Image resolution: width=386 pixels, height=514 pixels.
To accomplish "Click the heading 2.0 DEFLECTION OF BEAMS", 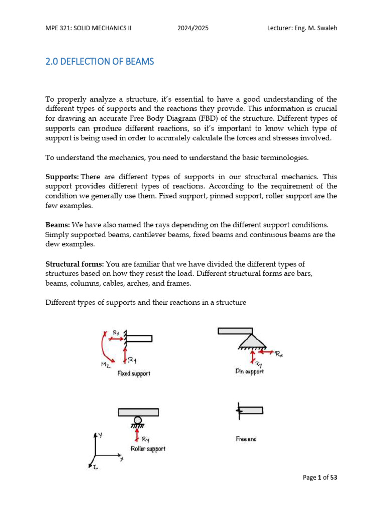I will pyautogui.click(x=100, y=62).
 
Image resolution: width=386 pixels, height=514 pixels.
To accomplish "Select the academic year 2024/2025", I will pyautogui.click(x=193, y=28).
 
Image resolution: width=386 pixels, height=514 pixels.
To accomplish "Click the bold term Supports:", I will pyautogui.click(x=62, y=177).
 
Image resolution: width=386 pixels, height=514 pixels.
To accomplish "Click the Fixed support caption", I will pyautogui.click(x=134, y=373).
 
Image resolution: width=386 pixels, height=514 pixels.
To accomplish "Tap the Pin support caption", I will pyautogui.click(x=249, y=371).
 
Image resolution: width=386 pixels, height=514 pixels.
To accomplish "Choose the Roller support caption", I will pyautogui.click(x=148, y=448).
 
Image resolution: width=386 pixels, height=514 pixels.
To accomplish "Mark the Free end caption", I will pyautogui.click(x=246, y=439).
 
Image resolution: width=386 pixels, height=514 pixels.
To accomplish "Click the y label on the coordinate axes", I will pyautogui.click(x=101, y=434).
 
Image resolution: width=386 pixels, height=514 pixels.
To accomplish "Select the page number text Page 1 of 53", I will pyautogui.click(x=320, y=477).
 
